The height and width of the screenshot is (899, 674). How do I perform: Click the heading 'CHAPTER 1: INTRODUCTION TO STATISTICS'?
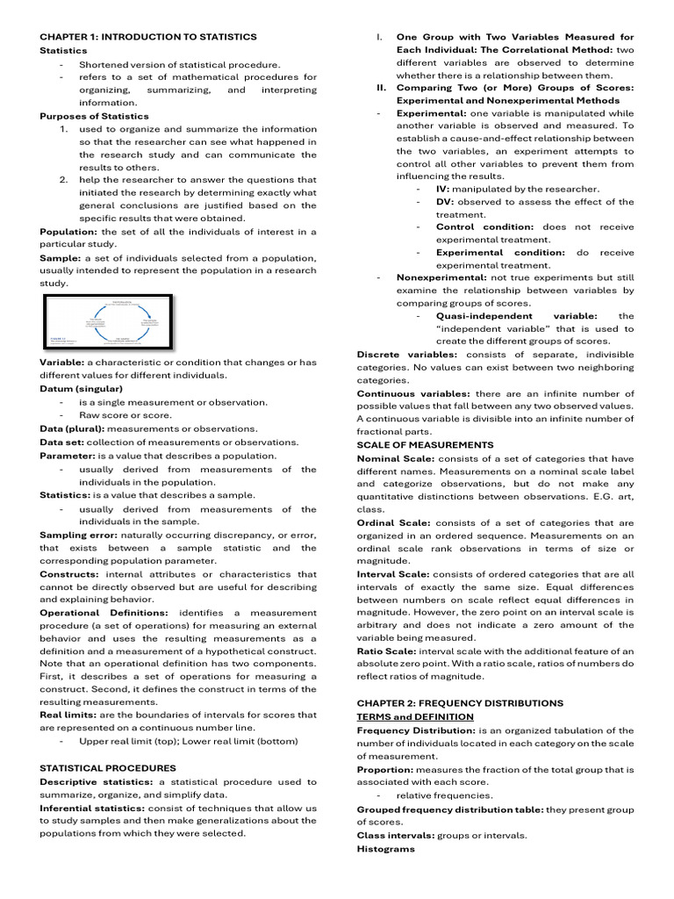point(148,37)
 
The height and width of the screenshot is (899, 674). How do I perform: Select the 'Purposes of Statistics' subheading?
point(94,116)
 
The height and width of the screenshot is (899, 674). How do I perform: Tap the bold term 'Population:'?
point(68,232)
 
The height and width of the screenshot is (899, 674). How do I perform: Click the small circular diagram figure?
point(107,322)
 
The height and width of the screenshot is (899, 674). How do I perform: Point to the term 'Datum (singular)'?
point(81,388)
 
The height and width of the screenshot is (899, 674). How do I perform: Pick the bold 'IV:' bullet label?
point(443,189)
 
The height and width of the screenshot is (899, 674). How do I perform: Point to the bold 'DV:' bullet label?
point(444,202)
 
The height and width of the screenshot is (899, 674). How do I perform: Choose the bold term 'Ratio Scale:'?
point(386,651)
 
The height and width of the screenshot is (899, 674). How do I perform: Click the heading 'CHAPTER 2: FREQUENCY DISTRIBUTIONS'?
point(460,703)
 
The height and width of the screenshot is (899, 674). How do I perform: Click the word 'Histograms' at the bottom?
point(385,849)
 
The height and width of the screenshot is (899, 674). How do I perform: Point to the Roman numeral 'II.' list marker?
point(382,88)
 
